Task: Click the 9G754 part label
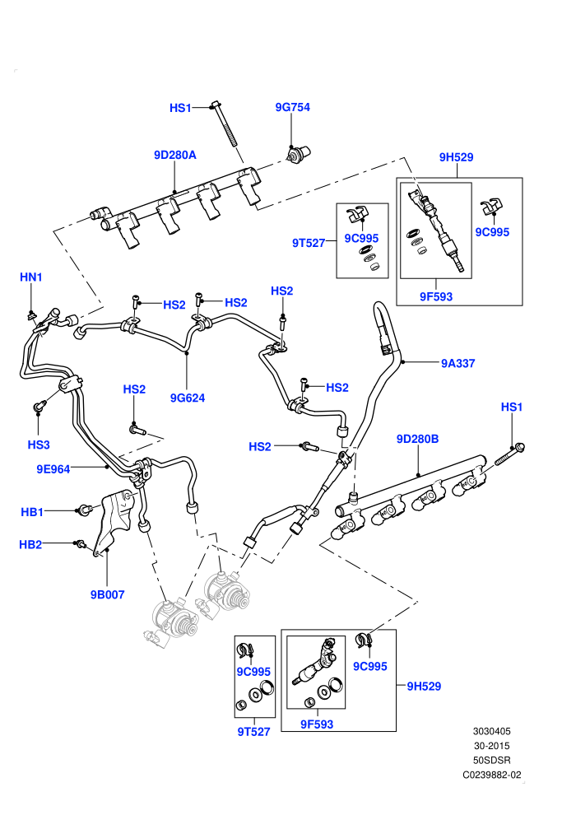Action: pos(292,107)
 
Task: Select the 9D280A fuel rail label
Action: pos(175,155)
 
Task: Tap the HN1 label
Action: pos(31,277)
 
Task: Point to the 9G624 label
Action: pos(188,398)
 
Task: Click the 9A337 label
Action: pos(458,363)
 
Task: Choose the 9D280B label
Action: pos(417,440)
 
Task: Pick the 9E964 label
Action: pos(53,469)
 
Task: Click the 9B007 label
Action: pos(108,594)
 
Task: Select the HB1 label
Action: pos(32,512)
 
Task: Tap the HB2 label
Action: pos(30,545)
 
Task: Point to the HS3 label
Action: pos(39,445)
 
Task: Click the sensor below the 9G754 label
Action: pos(298,154)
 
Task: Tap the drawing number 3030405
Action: pos(491,731)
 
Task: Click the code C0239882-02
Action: pos(492,775)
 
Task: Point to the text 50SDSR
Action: pos(492,760)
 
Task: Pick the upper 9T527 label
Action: pos(309,243)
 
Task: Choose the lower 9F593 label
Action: pos(317,724)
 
